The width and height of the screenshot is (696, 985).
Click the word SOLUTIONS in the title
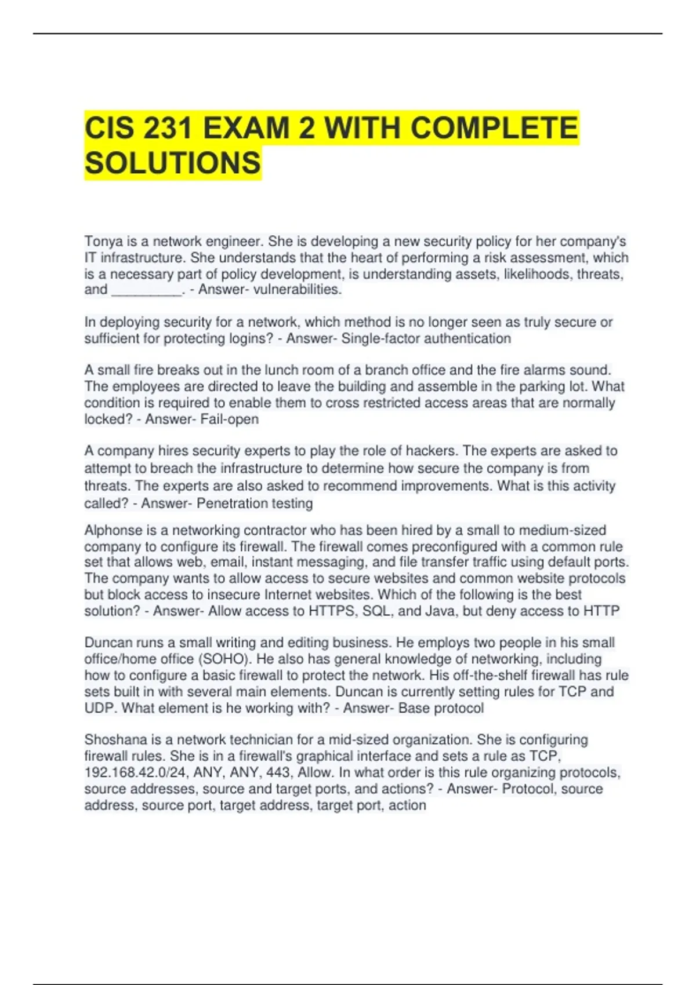coord(172,163)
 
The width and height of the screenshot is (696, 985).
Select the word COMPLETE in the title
coord(494,128)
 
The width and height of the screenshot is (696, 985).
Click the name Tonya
coord(103,241)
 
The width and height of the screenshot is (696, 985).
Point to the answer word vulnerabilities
coord(298,290)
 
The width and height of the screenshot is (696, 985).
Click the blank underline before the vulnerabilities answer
coord(147,290)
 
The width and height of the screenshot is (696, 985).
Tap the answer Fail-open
coord(230,419)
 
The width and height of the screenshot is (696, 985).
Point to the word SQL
coord(376,611)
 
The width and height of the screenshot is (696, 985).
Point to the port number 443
coord(278,772)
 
